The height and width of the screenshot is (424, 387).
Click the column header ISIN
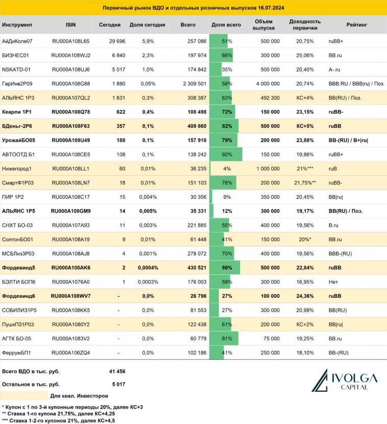coord(70,25)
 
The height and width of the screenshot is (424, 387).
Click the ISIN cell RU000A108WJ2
coord(71,55)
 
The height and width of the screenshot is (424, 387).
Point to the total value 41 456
coord(117,371)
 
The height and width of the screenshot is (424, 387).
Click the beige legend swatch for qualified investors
coord(24,395)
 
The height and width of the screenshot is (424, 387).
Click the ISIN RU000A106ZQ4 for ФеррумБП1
coord(71,352)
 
